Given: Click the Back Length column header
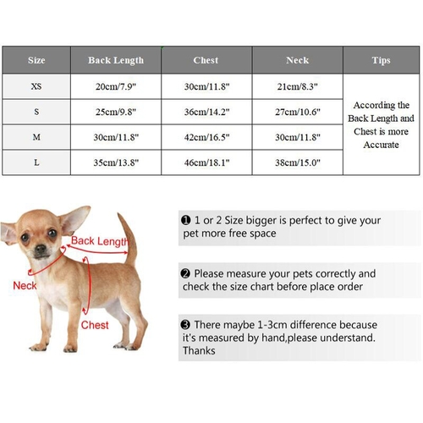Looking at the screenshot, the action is pyautogui.click(x=116, y=60).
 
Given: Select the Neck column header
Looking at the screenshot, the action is pyautogui.click(x=298, y=60).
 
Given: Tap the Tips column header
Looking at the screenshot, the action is pyautogui.click(x=381, y=60).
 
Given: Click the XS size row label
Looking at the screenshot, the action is pyautogui.click(x=36, y=86).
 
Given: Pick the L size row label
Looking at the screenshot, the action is pyautogui.click(x=36, y=162).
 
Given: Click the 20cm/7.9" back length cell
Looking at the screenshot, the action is pyautogui.click(x=116, y=86).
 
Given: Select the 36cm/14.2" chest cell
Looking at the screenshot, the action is pyautogui.click(x=206, y=112).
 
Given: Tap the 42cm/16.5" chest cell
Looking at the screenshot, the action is pyautogui.click(x=206, y=137).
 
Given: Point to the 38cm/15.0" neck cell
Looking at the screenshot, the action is pyautogui.click(x=298, y=162).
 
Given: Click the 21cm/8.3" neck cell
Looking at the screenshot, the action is pyautogui.click(x=298, y=86).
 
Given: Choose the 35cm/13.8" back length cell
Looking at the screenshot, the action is pyautogui.click(x=116, y=162).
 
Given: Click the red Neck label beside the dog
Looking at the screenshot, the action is pyautogui.click(x=25, y=286).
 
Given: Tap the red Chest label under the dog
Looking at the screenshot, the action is pyautogui.click(x=95, y=325).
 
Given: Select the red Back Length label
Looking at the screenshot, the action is pyautogui.click(x=100, y=241).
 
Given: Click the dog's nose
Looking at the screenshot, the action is pyautogui.click(x=41, y=249).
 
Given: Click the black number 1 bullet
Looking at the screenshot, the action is pyautogui.click(x=185, y=220).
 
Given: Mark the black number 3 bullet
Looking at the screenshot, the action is pyautogui.click(x=185, y=325).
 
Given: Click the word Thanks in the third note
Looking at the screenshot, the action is pyautogui.click(x=199, y=351).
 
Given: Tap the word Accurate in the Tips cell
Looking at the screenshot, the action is pyautogui.click(x=381, y=145).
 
